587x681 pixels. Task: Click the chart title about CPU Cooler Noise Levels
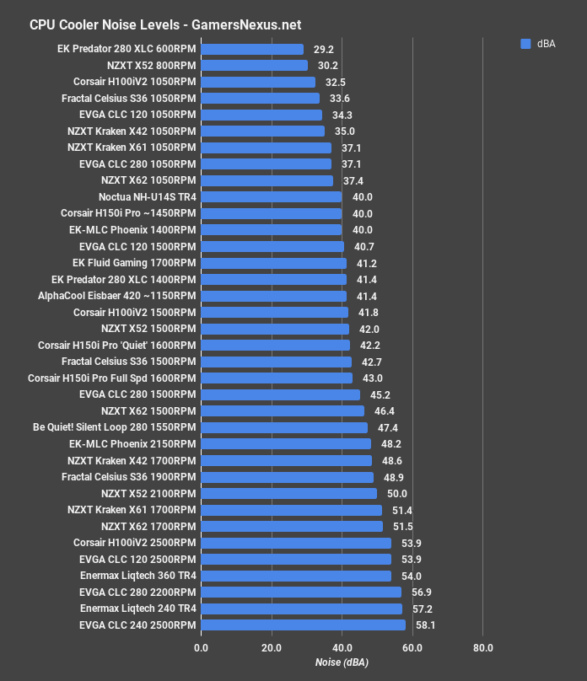pyautogui.click(x=165, y=24)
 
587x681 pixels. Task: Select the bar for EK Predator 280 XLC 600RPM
pyautogui.click(x=252, y=49)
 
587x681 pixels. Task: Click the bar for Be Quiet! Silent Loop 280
pyautogui.click(x=284, y=427)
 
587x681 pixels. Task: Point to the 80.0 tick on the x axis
pyautogui.click(x=482, y=649)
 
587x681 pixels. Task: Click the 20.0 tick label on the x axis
pyautogui.click(x=272, y=649)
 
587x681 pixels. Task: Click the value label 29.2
pyautogui.click(x=324, y=50)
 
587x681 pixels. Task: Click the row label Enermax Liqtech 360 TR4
pyautogui.click(x=137, y=576)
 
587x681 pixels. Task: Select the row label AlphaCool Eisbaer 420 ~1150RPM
pyautogui.click(x=116, y=296)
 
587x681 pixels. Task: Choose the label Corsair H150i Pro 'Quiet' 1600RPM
pyautogui.click(x=116, y=346)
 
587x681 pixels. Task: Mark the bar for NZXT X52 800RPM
pyautogui.click(x=254, y=66)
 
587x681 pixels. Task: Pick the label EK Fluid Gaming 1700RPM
pyautogui.click(x=134, y=263)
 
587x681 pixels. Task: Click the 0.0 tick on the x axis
pyautogui.click(x=201, y=649)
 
